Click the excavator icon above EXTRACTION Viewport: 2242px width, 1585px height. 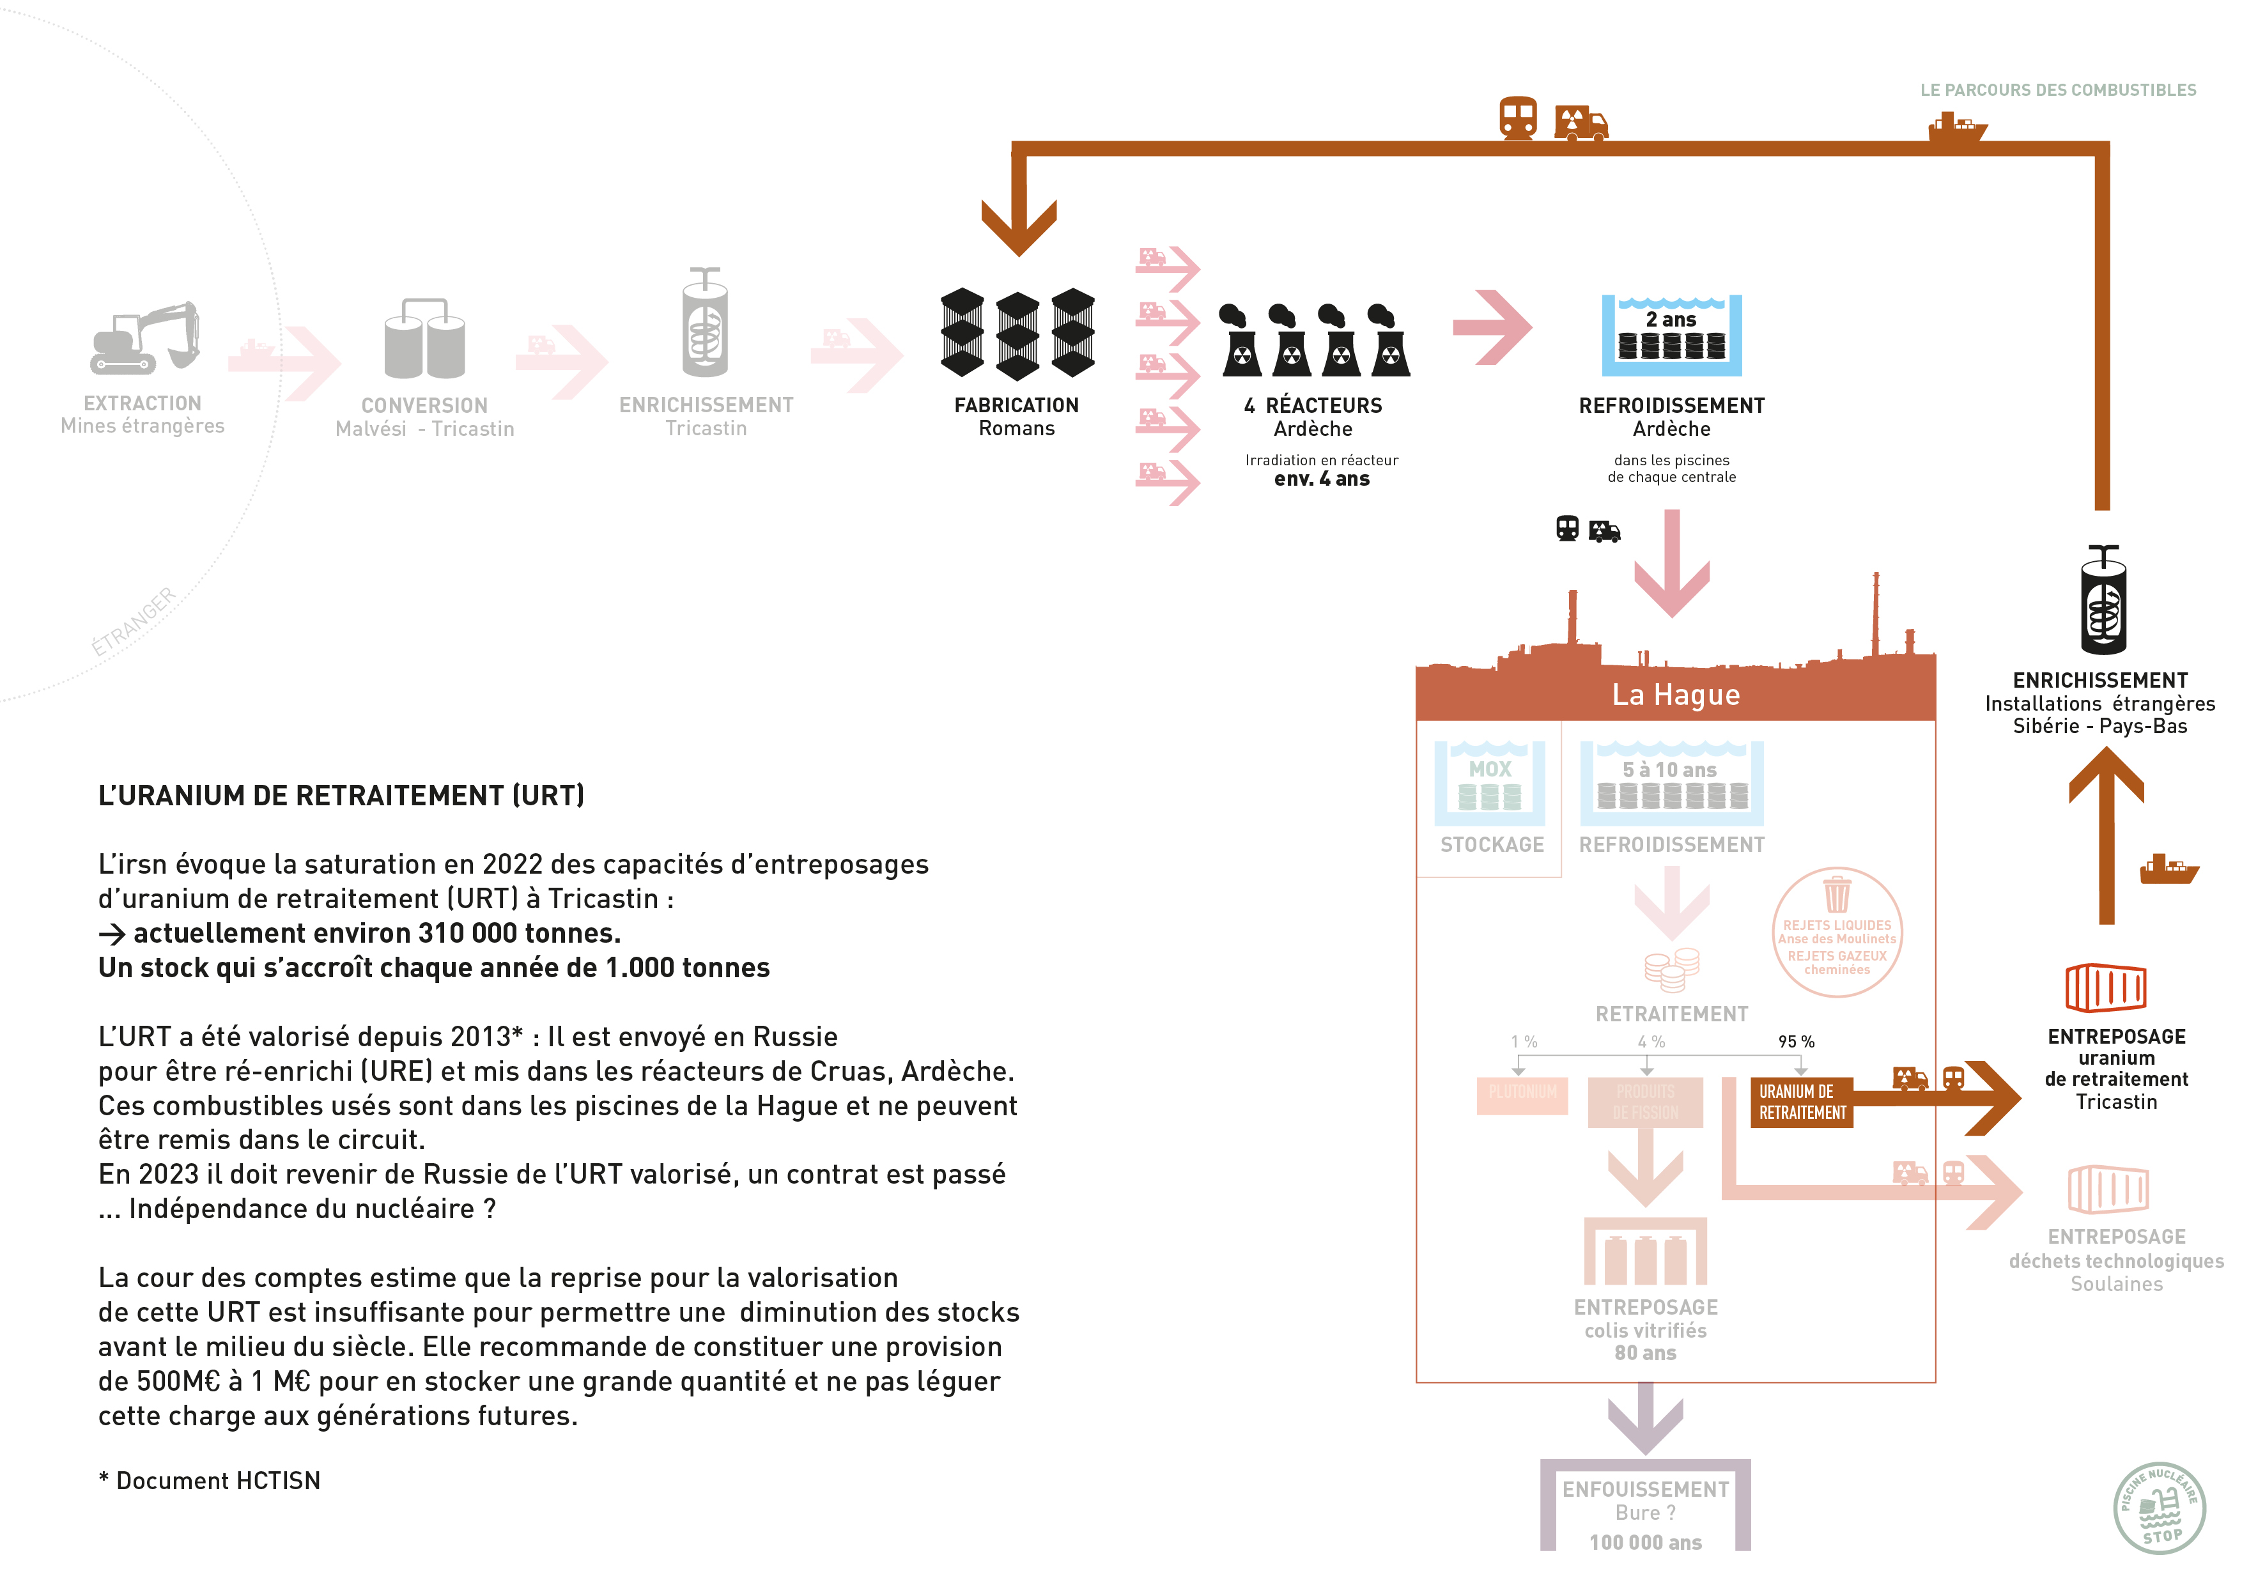point(146,338)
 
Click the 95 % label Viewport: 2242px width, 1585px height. point(1796,1041)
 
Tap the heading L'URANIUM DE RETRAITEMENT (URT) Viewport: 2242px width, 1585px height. point(341,796)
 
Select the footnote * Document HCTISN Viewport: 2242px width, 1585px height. point(209,1481)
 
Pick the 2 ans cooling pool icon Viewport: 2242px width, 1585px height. point(1672,335)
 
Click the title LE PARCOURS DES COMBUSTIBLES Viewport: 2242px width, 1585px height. point(2057,90)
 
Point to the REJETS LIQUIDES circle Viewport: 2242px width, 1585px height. point(1837,932)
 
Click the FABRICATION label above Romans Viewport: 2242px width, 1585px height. point(1017,405)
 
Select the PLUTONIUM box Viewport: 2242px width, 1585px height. point(1522,1093)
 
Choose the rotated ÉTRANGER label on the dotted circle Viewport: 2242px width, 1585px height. point(134,622)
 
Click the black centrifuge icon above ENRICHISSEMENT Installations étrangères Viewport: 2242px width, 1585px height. point(2103,601)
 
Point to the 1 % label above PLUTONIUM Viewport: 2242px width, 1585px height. point(1523,1041)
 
